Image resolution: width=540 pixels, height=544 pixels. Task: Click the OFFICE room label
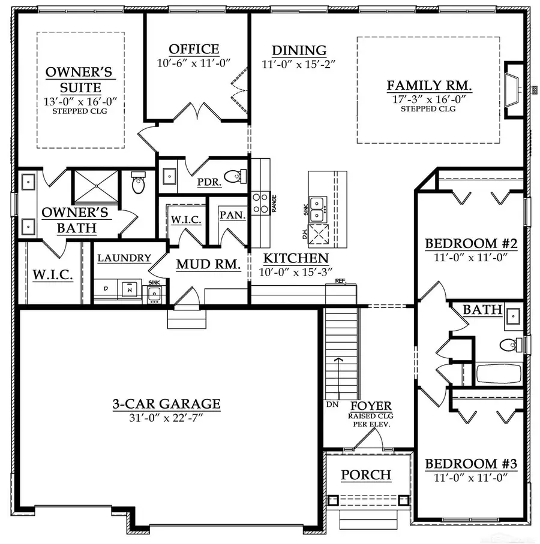tap(194, 49)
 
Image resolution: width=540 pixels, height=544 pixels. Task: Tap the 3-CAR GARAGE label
tap(166, 404)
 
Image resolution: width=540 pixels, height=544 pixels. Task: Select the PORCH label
tap(366, 475)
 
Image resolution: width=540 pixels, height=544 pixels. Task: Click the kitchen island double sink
tap(317, 205)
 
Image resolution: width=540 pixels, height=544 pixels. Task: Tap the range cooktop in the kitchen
tap(260, 203)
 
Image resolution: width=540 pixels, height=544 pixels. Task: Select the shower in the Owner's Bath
tap(95, 186)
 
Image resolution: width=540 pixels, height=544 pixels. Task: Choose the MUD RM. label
tap(208, 264)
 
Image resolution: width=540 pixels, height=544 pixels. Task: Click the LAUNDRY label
tap(124, 258)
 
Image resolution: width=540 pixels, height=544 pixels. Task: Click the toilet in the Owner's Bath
tap(138, 183)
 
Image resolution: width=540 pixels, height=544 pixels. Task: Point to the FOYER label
tap(371, 406)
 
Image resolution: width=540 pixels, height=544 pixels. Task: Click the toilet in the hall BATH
tap(509, 345)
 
